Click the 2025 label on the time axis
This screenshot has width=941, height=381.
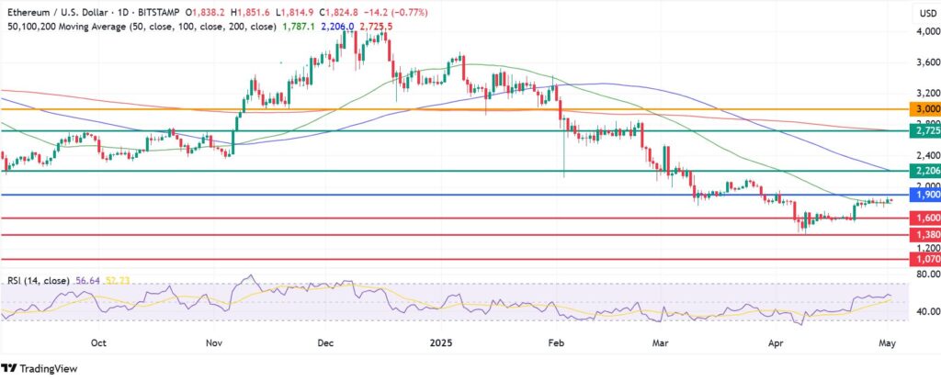[442, 342]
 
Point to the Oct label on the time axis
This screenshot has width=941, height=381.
[99, 342]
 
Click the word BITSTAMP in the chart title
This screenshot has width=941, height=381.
[159, 12]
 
